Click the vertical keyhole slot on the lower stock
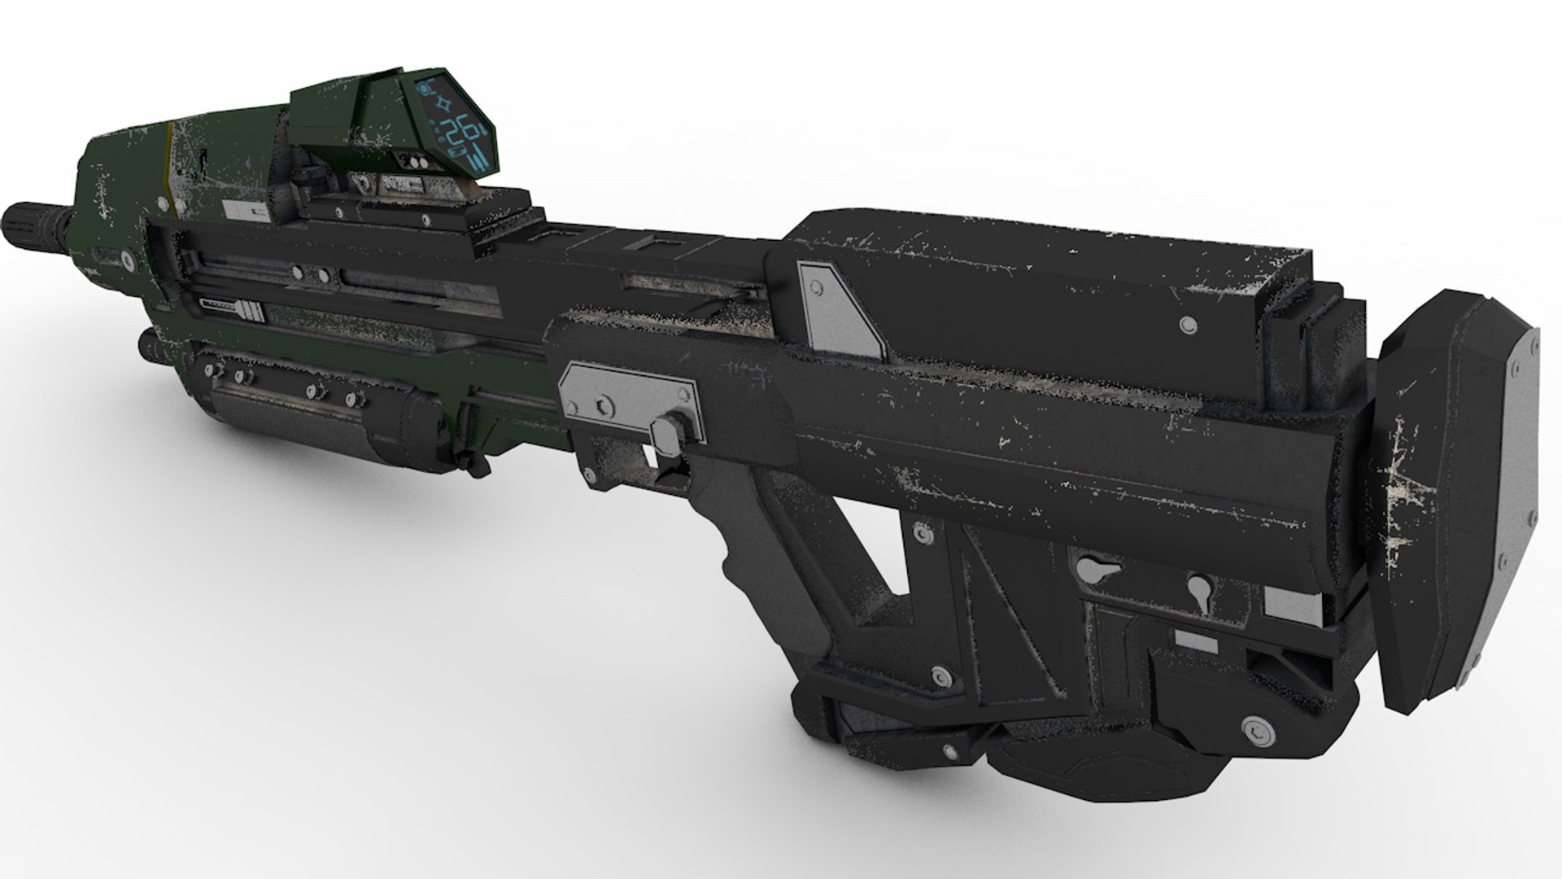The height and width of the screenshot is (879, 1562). point(1198,588)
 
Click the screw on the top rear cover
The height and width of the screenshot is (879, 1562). point(1190,325)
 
